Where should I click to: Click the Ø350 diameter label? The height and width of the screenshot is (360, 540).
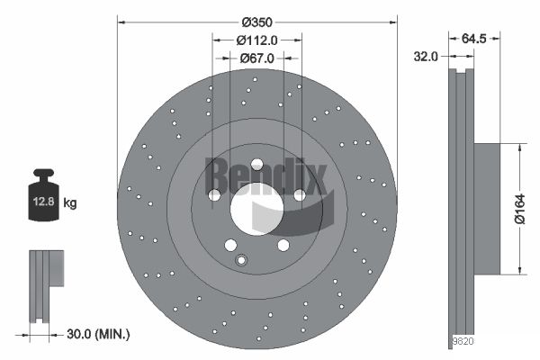tap(256, 22)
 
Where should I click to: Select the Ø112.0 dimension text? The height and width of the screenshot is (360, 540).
tap(256, 40)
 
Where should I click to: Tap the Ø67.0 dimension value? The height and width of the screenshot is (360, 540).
tap(256, 58)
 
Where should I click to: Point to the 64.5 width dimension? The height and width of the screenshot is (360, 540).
tap(473, 39)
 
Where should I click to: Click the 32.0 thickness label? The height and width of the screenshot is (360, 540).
tap(426, 57)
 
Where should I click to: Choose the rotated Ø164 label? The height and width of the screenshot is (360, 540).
tap(520, 209)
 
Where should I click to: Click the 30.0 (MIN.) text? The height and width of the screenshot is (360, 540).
tap(98, 334)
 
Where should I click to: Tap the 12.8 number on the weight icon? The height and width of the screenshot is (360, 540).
tap(43, 202)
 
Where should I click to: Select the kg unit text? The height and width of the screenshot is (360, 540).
tap(70, 202)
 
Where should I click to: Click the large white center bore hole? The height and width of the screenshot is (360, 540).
tap(256, 209)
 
